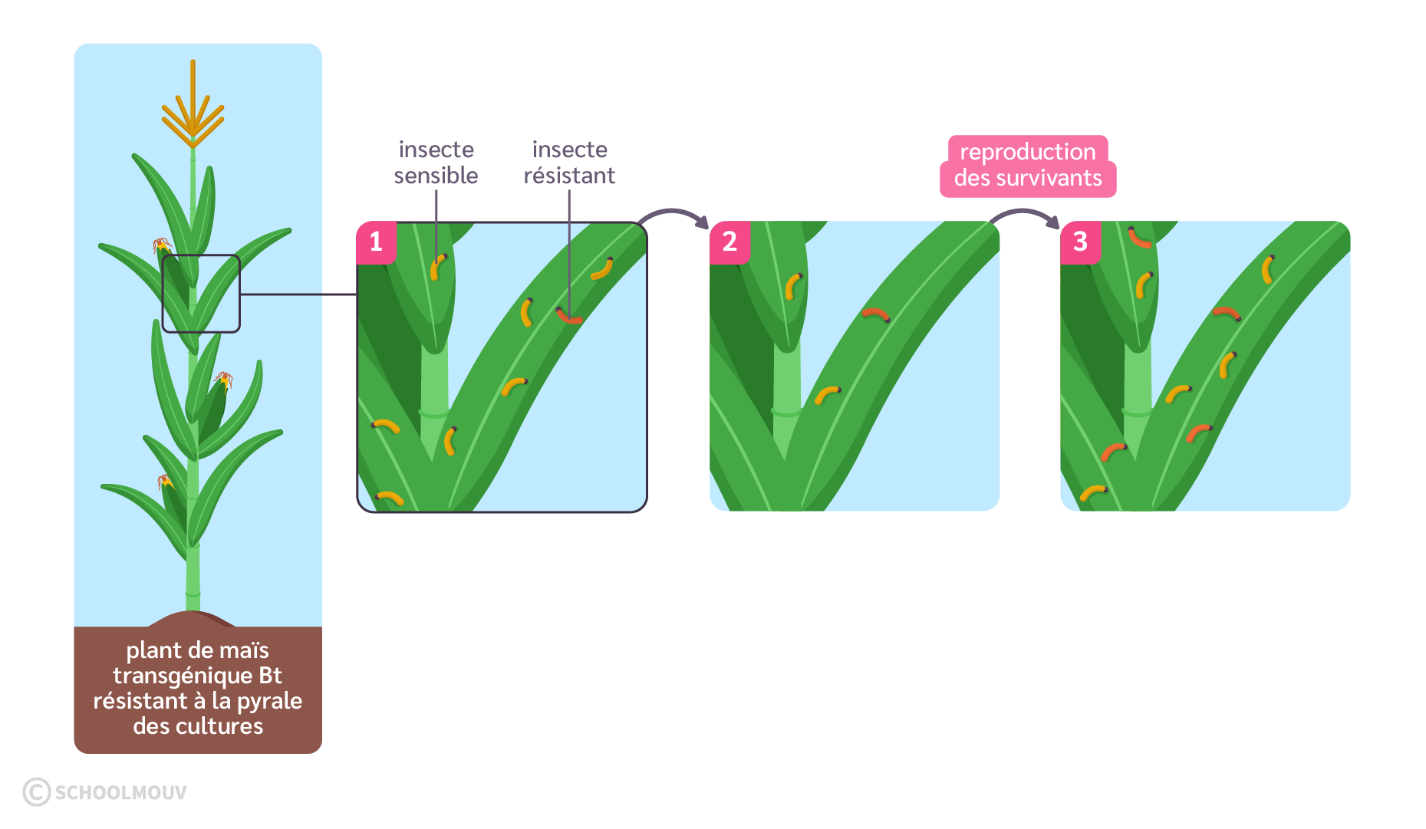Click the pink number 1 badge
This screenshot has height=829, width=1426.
(x=376, y=242)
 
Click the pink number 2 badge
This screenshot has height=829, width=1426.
(x=729, y=242)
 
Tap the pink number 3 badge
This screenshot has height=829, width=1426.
(x=1080, y=242)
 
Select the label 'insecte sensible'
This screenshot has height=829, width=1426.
(x=436, y=163)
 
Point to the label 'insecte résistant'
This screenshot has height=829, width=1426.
(x=569, y=163)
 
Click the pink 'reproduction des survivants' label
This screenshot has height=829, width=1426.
(x=1028, y=166)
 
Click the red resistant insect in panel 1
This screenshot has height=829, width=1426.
(x=569, y=316)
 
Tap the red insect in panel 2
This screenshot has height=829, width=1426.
(x=876, y=314)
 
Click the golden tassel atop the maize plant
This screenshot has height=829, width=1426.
(x=193, y=115)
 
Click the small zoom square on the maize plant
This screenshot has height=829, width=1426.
(x=201, y=294)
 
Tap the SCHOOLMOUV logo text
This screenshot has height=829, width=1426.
(x=121, y=793)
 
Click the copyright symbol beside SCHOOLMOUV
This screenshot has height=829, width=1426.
(x=36, y=792)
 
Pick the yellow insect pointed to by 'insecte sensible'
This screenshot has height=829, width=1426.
(x=438, y=266)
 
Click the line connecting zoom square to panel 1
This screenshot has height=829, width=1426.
(x=298, y=294)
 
